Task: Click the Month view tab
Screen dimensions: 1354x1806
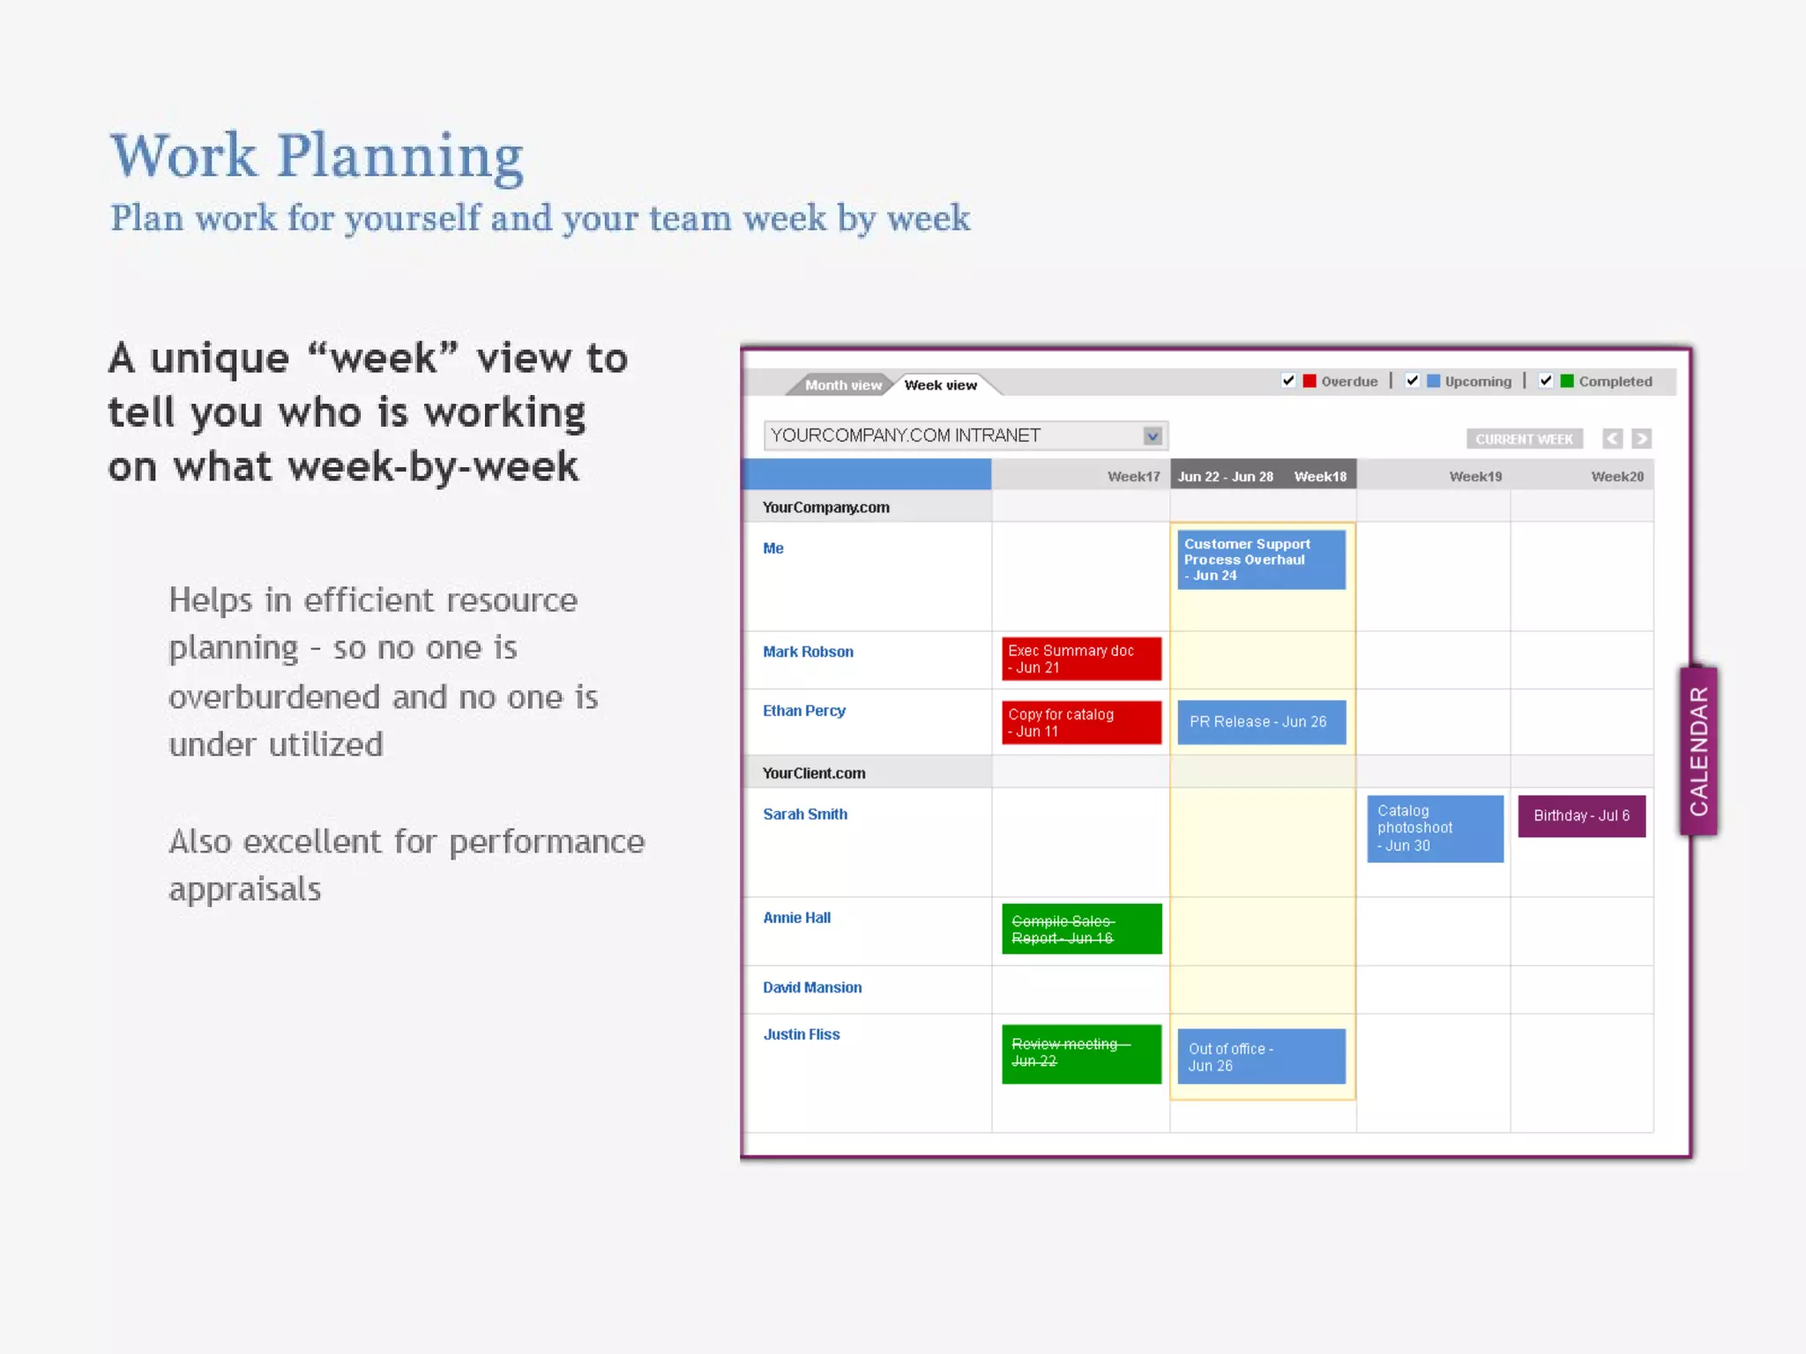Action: coord(842,385)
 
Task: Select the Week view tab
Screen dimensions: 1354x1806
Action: coord(940,385)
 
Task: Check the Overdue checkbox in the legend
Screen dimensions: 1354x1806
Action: coord(1288,381)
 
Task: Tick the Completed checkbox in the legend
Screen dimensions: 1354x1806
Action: coord(1546,381)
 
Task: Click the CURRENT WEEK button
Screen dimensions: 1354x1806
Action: coord(1524,439)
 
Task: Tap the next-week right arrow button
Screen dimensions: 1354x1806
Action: coord(1641,439)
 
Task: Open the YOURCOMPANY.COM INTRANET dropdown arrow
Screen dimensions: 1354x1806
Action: coord(1152,435)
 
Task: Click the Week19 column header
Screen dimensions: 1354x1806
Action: coord(1475,477)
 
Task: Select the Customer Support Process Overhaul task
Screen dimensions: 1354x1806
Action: coord(1261,560)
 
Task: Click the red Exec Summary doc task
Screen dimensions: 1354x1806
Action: coord(1081,659)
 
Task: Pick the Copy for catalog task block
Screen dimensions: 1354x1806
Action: coord(1081,723)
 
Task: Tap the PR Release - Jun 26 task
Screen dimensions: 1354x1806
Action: coord(1261,722)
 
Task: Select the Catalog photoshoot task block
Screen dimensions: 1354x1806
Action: coord(1435,829)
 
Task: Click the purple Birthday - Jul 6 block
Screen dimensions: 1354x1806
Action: coord(1581,816)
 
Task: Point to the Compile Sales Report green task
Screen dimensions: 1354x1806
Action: coord(1081,929)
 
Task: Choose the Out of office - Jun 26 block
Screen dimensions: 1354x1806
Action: coord(1261,1057)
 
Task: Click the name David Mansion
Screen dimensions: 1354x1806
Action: coord(812,988)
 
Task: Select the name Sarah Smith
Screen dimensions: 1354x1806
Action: coord(805,815)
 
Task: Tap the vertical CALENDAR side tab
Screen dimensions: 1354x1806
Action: coord(1698,751)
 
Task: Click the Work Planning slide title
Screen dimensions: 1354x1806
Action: coord(317,156)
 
